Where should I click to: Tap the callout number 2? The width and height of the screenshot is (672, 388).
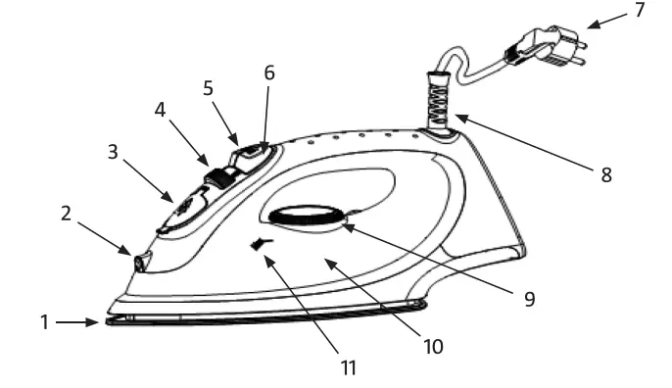[66, 213]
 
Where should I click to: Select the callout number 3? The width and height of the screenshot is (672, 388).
[113, 154]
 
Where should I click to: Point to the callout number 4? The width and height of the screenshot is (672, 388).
[160, 110]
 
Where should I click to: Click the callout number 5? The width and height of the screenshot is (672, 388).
[207, 87]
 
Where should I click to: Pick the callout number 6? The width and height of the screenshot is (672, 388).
[269, 73]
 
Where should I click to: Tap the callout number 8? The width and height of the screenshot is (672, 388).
[606, 174]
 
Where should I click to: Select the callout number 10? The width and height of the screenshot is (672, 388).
[433, 345]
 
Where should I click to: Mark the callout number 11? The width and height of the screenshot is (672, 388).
[349, 368]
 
